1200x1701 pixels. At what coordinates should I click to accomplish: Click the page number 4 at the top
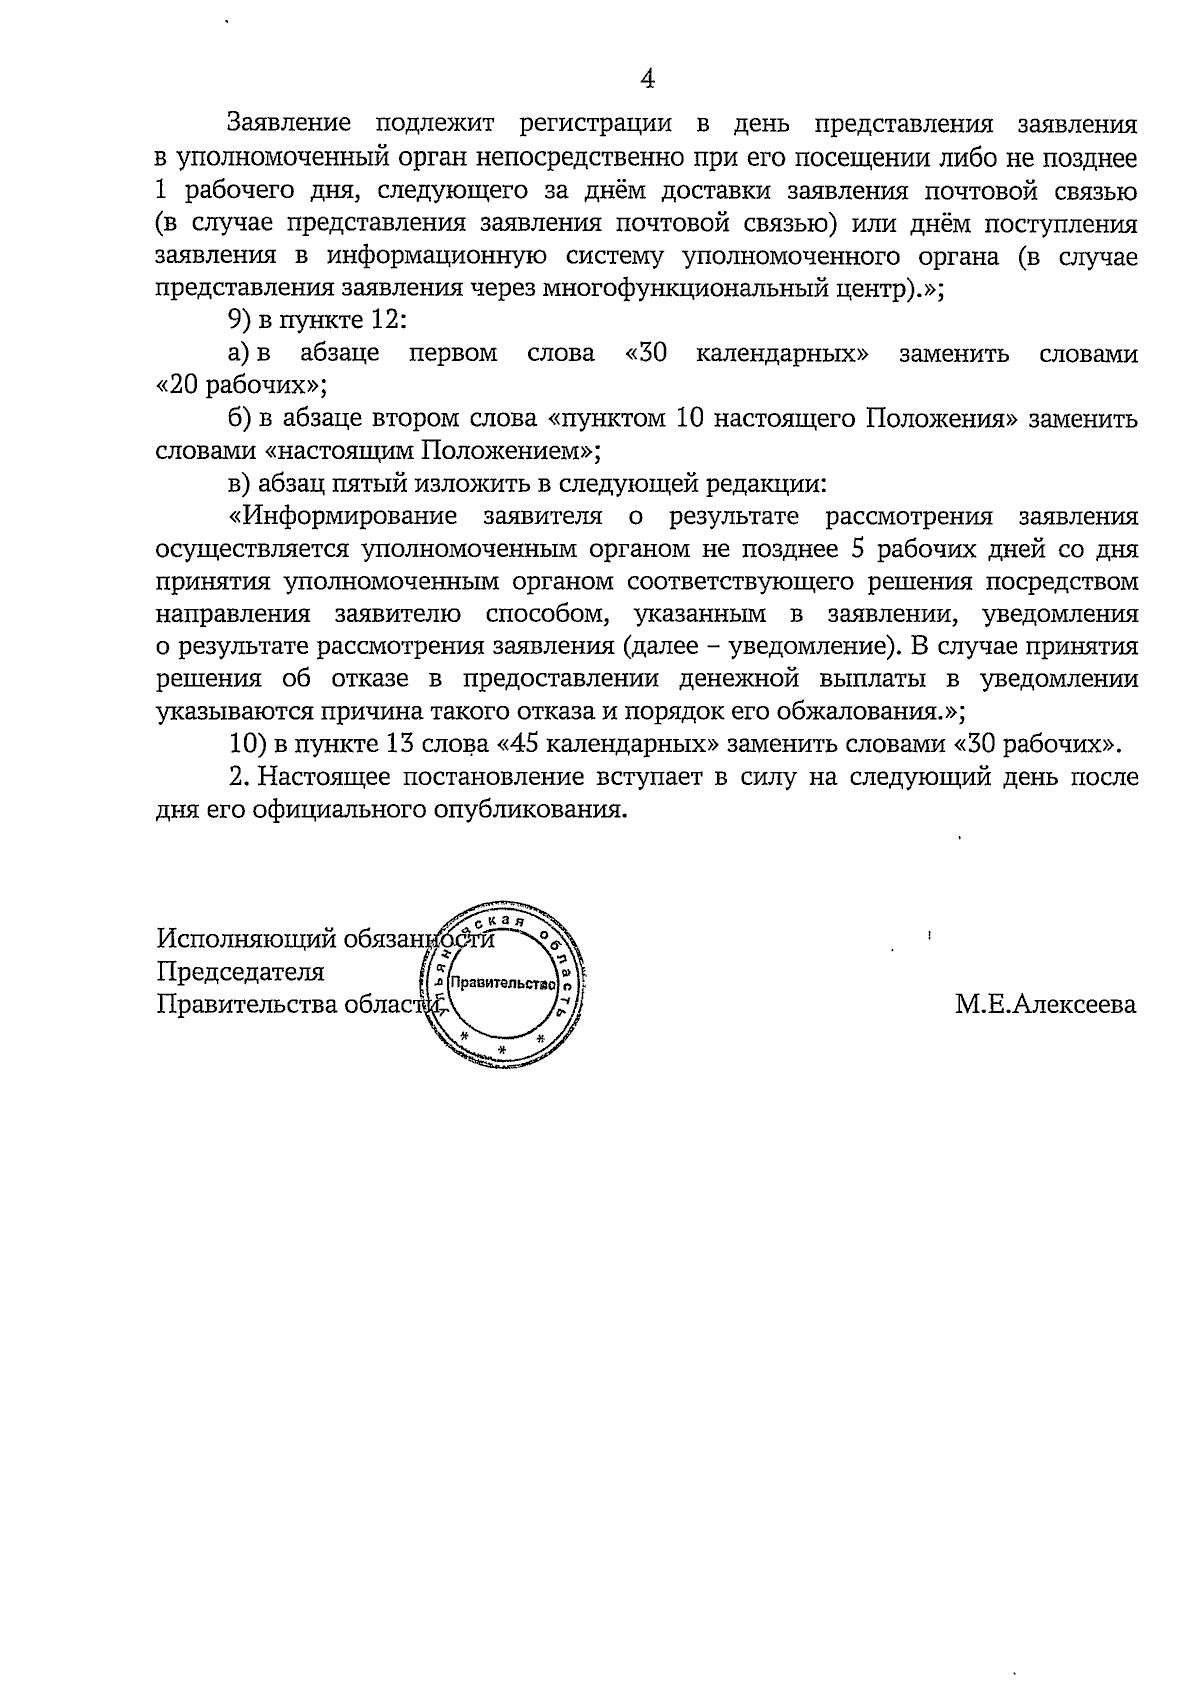click(x=648, y=79)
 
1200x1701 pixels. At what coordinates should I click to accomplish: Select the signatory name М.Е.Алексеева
click(x=1045, y=1004)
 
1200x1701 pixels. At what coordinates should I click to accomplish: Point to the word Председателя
click(x=240, y=972)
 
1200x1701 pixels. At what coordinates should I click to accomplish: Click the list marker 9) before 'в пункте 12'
click(x=241, y=322)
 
